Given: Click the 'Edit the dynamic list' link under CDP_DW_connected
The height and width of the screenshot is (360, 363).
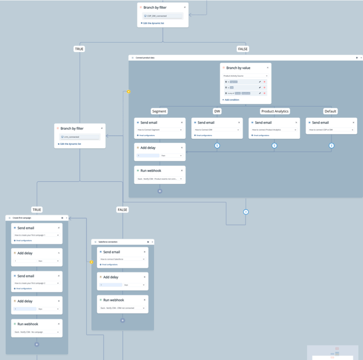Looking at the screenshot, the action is pyautogui.click(x=154, y=23).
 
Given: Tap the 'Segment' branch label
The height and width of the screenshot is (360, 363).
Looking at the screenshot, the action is pyautogui.click(x=159, y=111).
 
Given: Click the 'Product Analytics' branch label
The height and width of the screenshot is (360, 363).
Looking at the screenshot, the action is pyautogui.click(x=275, y=111).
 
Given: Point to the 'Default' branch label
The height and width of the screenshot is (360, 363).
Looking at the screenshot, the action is pyautogui.click(x=330, y=111).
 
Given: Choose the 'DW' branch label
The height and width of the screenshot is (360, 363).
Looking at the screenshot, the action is pyautogui.click(x=217, y=111).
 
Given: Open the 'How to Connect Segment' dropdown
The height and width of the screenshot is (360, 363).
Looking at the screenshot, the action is pyautogui.click(x=160, y=130).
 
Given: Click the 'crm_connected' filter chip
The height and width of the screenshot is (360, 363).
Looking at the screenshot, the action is pyautogui.click(x=80, y=137).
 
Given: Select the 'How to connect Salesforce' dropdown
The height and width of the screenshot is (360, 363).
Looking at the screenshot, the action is pyautogui.click(x=123, y=259).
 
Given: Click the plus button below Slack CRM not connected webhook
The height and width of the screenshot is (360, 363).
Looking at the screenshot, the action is pyautogui.click(x=123, y=320).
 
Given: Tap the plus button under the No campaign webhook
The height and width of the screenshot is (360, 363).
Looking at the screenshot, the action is pyautogui.click(x=37, y=344).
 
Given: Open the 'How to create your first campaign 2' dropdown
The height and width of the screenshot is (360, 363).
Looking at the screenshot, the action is pyautogui.click(x=37, y=283).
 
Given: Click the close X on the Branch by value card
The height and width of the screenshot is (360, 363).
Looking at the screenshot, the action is pyautogui.click(x=268, y=67).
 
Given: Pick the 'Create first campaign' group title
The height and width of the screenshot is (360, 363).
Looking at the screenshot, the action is pyautogui.click(x=22, y=218).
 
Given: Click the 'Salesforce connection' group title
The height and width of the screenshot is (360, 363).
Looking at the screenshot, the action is pyautogui.click(x=108, y=242).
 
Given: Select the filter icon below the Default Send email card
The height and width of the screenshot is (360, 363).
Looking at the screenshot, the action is pyautogui.click(x=332, y=146).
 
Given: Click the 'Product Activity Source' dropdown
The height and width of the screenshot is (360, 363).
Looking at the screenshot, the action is pyautogui.click(x=245, y=76).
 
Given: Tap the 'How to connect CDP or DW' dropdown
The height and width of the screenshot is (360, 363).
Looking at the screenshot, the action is pyautogui.click(x=332, y=130).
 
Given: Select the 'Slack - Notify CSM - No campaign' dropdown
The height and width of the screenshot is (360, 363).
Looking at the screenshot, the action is pyautogui.click(x=37, y=332).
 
